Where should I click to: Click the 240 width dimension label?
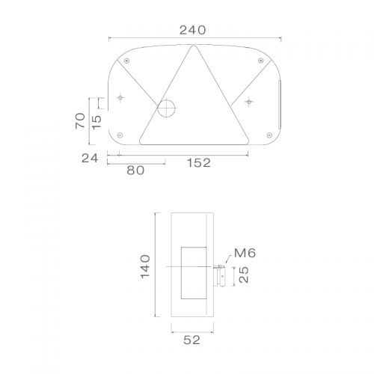(x=193, y=30)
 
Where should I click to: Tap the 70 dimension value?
(x=80, y=120)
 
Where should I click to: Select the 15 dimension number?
(x=96, y=122)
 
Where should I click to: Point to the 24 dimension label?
(x=90, y=158)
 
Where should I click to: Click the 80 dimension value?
(x=135, y=171)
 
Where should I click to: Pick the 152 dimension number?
(x=199, y=163)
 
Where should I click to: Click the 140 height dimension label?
(x=145, y=266)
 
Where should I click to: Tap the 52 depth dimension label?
(x=191, y=340)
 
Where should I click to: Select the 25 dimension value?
(x=244, y=275)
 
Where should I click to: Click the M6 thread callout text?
(x=245, y=253)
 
